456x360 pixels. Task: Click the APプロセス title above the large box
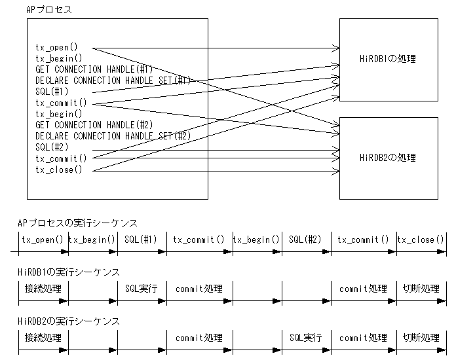coord(49,10)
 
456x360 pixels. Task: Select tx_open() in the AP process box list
coord(56,47)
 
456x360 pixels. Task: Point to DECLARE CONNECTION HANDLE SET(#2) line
coord(113,136)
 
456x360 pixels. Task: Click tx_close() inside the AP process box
coord(59,170)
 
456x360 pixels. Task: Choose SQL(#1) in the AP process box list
coord(52,92)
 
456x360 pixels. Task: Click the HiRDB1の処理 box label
coord(388,60)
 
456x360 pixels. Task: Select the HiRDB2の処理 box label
coord(388,158)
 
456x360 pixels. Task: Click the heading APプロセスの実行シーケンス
coord(77,223)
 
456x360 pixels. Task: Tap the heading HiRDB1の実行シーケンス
coord(69,272)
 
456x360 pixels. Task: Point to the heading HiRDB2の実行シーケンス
coord(69,321)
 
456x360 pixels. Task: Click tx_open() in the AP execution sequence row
coord(43,240)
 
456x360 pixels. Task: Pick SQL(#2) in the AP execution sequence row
coord(305,240)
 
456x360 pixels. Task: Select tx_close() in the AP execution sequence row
coord(421,240)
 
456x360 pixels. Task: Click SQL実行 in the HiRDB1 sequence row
coord(142,289)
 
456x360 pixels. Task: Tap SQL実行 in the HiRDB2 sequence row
coord(305,338)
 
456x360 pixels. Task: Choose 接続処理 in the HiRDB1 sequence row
coord(43,289)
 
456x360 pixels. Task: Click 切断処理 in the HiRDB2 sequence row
coord(421,338)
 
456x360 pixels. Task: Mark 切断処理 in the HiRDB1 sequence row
coord(421,289)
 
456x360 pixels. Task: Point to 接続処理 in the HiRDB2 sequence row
coord(43,338)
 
